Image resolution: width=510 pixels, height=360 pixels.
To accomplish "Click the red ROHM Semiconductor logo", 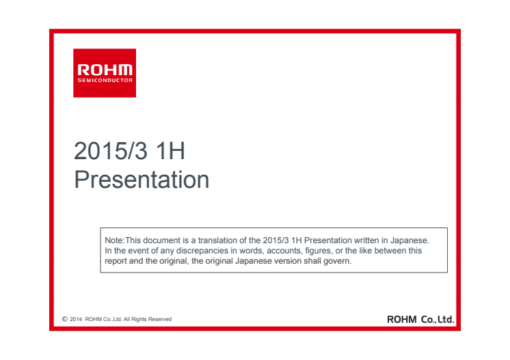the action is point(105,73).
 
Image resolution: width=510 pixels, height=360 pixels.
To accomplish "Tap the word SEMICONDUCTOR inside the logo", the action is point(105,80).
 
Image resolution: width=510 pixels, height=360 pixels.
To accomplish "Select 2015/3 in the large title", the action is point(111,151).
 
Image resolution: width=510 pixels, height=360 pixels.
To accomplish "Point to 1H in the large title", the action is point(170,151).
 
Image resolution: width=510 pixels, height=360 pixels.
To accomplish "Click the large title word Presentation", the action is point(142,180).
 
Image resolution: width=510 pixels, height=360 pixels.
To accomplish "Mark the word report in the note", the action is point(116,261).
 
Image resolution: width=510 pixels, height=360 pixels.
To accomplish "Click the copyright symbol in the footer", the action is point(65,319).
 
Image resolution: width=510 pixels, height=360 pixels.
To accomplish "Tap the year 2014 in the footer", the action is point(76,319).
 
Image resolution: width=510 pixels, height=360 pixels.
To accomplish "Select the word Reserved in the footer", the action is point(160,319).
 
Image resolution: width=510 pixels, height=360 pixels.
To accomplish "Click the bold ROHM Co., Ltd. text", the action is point(420,320).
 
